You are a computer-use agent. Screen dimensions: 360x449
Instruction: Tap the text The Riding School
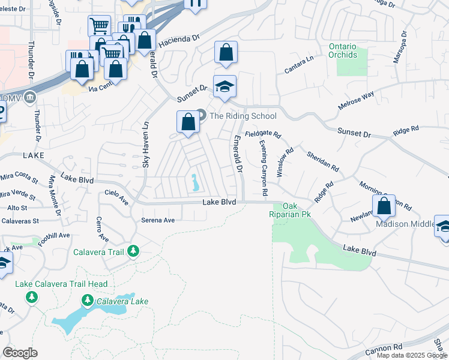click(243, 116)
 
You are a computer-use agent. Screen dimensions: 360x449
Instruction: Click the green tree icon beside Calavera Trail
click(133, 251)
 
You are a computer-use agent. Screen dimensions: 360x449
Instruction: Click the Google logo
click(20, 353)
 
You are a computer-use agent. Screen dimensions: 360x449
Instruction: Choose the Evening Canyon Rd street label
click(263, 168)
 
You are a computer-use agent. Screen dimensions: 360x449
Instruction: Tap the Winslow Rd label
click(284, 162)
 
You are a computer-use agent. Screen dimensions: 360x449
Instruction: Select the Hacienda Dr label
click(178, 41)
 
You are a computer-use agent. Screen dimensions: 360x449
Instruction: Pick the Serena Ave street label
click(158, 220)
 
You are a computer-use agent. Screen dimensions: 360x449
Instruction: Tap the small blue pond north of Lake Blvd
click(194, 183)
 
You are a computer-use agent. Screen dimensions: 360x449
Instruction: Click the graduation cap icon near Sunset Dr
click(224, 88)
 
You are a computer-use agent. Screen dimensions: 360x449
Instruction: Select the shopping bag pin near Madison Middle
click(384, 206)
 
